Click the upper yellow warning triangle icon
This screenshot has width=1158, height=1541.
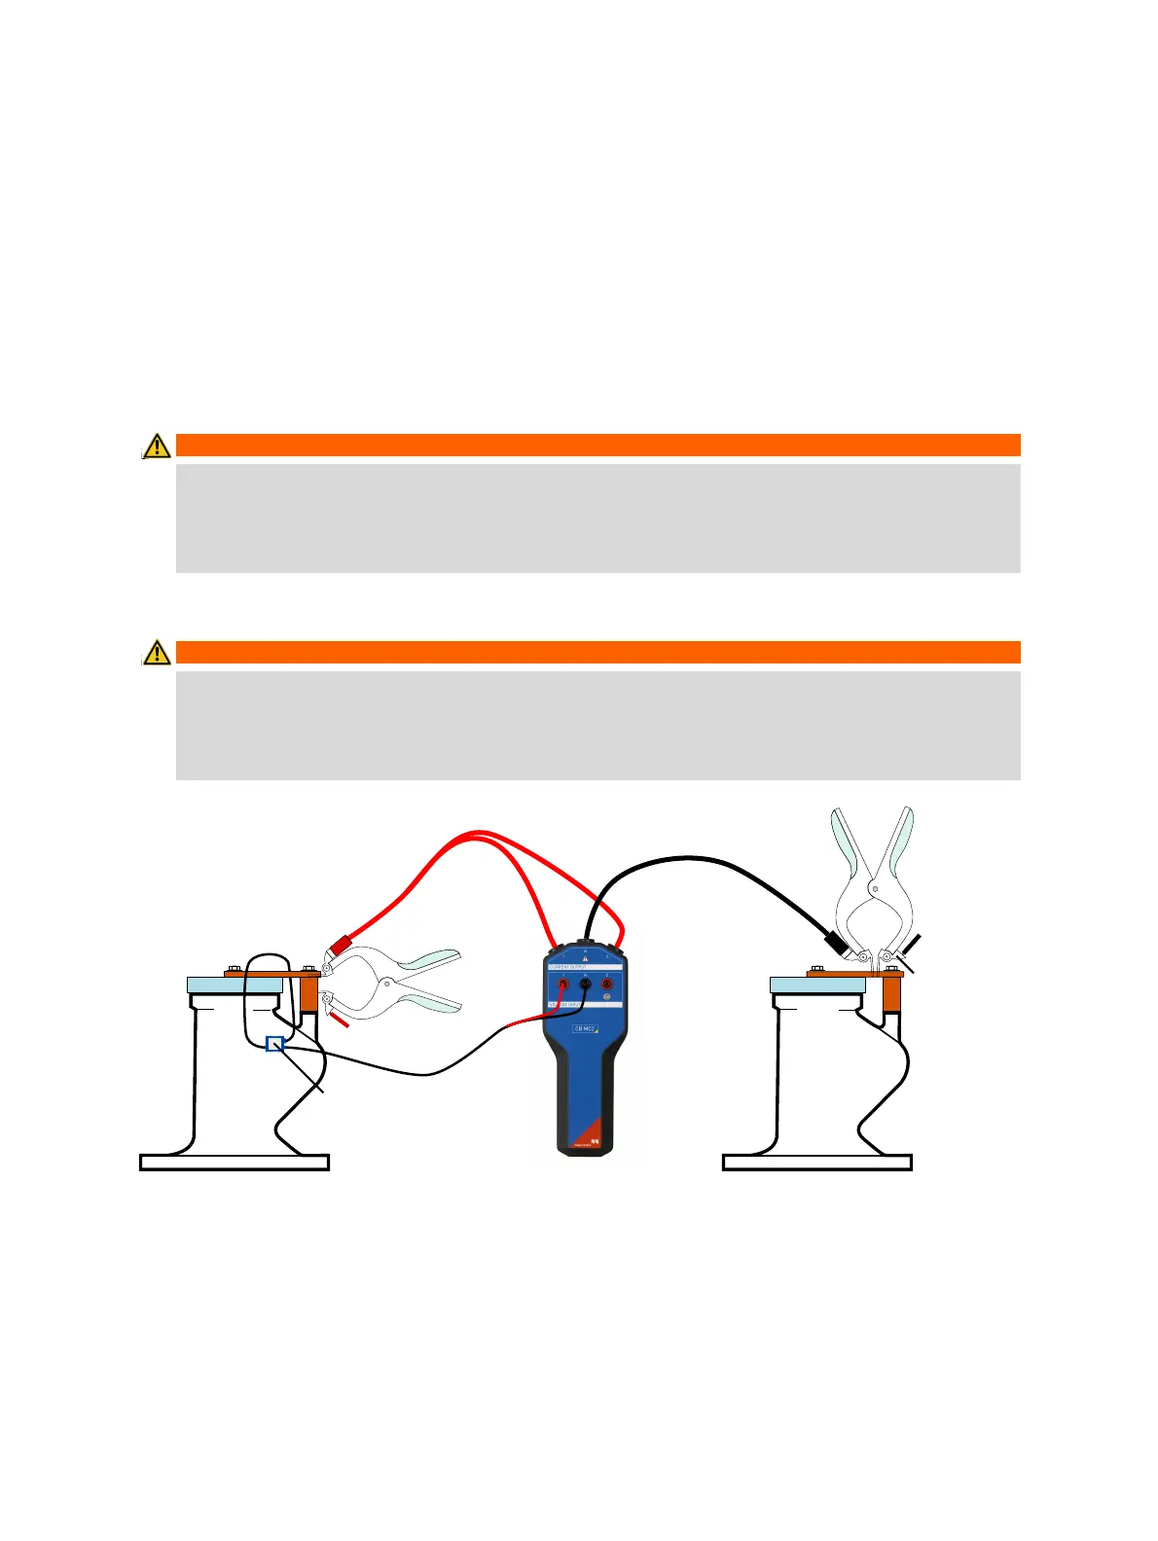click(157, 446)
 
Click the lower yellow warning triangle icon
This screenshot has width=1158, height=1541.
click(157, 652)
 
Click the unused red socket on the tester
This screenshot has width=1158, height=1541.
click(607, 985)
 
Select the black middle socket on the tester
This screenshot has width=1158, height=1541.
click(585, 985)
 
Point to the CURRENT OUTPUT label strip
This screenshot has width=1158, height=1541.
click(585, 967)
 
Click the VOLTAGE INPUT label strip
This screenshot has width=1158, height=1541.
click(585, 1005)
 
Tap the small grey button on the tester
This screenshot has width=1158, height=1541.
click(607, 997)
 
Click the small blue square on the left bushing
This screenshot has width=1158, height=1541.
click(274, 1044)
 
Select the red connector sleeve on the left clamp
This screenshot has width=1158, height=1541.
click(341, 945)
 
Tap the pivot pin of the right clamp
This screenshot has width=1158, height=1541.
click(874, 888)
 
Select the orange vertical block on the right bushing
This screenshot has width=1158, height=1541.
click(891, 993)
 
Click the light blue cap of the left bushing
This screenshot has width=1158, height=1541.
click(235, 986)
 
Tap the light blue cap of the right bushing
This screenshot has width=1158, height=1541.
click(817, 986)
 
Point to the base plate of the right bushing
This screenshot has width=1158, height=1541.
click(817, 1163)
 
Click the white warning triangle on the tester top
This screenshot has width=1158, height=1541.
click(585, 958)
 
